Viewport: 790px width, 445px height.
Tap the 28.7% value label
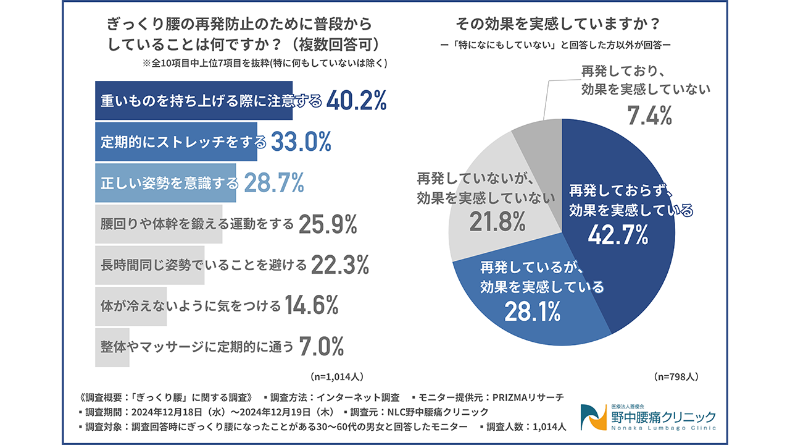(x=274, y=183)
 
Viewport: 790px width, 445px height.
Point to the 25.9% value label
(x=328, y=224)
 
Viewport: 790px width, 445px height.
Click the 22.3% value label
(x=339, y=265)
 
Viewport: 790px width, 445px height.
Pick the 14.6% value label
(x=312, y=305)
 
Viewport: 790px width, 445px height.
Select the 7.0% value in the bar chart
(x=321, y=347)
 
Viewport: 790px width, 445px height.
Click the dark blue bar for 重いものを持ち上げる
(x=193, y=101)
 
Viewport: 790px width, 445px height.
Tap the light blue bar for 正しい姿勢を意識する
(x=165, y=183)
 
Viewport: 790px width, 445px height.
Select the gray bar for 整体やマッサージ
(x=112, y=347)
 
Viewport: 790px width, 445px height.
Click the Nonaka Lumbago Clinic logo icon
(x=594, y=417)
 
